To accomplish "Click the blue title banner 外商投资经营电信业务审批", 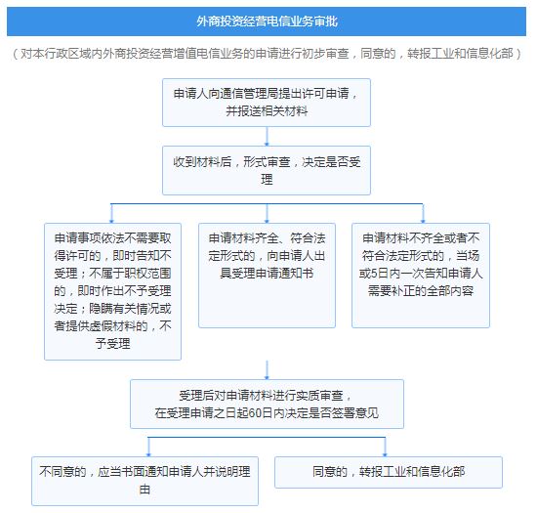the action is [x=267, y=21].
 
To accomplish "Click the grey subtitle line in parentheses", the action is [x=267, y=54].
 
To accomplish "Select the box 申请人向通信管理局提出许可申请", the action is [x=267, y=103].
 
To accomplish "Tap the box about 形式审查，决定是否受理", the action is [x=267, y=170].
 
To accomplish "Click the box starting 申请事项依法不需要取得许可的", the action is [x=112, y=291].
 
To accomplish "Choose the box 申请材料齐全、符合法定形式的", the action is [x=267, y=276].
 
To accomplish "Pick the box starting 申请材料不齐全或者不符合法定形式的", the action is [x=421, y=276].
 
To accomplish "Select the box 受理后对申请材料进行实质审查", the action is [x=267, y=404].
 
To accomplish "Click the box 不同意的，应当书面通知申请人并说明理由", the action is [x=145, y=481].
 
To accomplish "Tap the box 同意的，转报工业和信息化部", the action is [x=389, y=472].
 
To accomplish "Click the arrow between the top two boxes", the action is [x=267, y=137].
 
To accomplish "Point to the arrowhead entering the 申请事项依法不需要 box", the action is [x=111, y=221].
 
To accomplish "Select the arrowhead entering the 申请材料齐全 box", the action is [x=267, y=221].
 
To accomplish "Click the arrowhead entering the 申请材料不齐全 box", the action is [x=423, y=221].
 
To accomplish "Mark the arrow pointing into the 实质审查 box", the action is [x=267, y=370].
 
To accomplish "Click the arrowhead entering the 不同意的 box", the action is [x=148, y=453].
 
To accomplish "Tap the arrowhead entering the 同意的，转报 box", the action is [x=385, y=453].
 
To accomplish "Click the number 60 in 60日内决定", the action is [x=255, y=413].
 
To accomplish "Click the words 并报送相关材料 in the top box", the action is [x=267, y=111].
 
